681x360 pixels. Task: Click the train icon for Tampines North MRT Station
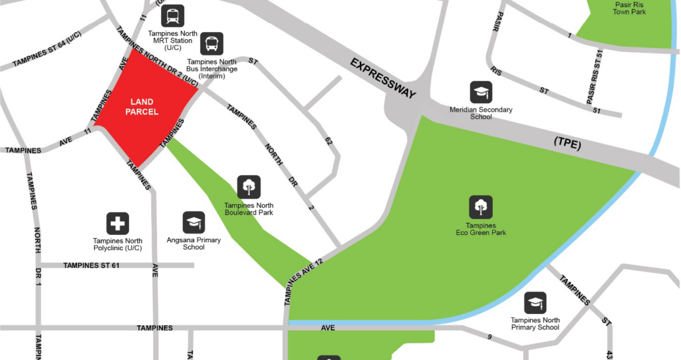(173, 16)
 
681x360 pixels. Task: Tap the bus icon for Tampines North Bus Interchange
(212, 44)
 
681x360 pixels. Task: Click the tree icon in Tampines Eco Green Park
(480, 207)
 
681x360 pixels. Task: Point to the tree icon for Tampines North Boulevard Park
(249, 187)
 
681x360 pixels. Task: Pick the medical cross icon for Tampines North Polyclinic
(118, 224)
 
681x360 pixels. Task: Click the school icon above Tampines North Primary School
(535, 303)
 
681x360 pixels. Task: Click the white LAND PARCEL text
(144, 107)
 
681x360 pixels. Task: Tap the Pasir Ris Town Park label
(630, 8)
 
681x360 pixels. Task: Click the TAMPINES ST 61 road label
(91, 266)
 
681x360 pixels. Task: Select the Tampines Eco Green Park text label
(480, 230)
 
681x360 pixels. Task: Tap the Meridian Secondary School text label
(481, 113)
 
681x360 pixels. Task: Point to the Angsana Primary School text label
(194, 244)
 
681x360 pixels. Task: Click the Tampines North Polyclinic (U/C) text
(118, 244)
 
